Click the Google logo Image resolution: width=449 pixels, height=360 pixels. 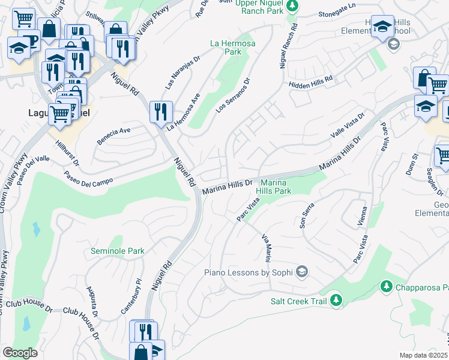[20, 353]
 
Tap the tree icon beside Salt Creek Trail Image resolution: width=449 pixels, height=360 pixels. [337, 299]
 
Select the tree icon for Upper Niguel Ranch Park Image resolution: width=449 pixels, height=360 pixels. [292, 6]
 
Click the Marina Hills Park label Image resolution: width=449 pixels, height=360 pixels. [274, 187]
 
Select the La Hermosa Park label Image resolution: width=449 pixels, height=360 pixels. [232, 48]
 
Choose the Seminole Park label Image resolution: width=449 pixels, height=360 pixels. [118, 251]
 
